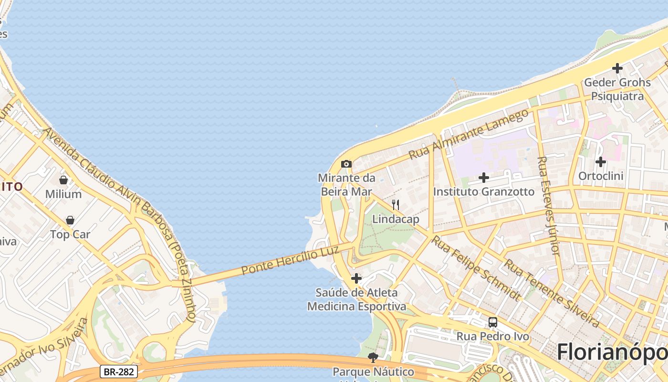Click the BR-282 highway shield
pyautogui.click(x=119, y=371)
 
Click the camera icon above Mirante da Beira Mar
pyautogui.click(x=346, y=164)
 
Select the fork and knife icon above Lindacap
pyautogui.click(x=396, y=205)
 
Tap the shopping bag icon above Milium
pyautogui.click(x=63, y=180)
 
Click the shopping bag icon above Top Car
pyautogui.click(x=70, y=220)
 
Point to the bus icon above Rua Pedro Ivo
pyautogui.click(x=493, y=322)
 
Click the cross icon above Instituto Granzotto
pyautogui.click(x=484, y=178)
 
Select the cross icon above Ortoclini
pyautogui.click(x=601, y=162)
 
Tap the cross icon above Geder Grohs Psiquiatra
pyautogui.click(x=617, y=68)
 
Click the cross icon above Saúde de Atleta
pyautogui.click(x=356, y=278)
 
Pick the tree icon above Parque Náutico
pyautogui.click(x=373, y=357)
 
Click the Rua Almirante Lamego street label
pyautogui.click(x=469, y=134)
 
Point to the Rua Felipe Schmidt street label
pyautogui.click(x=476, y=268)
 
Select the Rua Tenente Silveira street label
pyautogui.click(x=552, y=293)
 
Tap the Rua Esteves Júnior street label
pyautogui.click(x=548, y=205)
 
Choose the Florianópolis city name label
pyautogui.click(x=612, y=352)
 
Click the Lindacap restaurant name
pyautogui.click(x=396, y=219)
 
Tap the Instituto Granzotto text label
pyautogui.click(x=484, y=191)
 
